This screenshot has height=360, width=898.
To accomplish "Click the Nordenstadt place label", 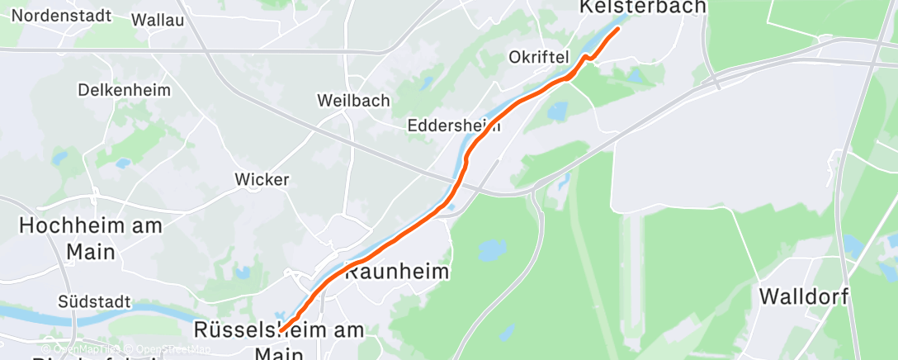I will pos(61,16).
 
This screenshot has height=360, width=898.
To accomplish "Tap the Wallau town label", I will pos(158,20).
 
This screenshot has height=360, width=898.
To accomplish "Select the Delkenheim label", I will pos(124,89).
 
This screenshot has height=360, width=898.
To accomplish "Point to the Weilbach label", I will pos(352,100).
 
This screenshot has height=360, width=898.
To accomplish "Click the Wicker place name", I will pos(262,179).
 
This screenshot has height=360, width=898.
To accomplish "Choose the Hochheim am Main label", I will pos(91,238).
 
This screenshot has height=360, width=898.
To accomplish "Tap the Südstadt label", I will pos(94,302).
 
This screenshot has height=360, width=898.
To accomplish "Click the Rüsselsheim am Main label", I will pos(279,340).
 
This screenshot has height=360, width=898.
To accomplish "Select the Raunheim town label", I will pos(397,272).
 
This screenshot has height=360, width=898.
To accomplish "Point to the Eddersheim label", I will pos(454,126).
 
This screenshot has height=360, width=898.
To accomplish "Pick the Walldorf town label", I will pos(804,296).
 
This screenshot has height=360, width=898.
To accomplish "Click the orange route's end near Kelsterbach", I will pos(617,29).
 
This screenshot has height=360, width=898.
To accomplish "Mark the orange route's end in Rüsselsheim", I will pos(281,330).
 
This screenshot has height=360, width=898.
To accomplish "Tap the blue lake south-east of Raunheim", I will pos(493,247).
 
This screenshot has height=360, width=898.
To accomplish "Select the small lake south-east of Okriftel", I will pos(558,110).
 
